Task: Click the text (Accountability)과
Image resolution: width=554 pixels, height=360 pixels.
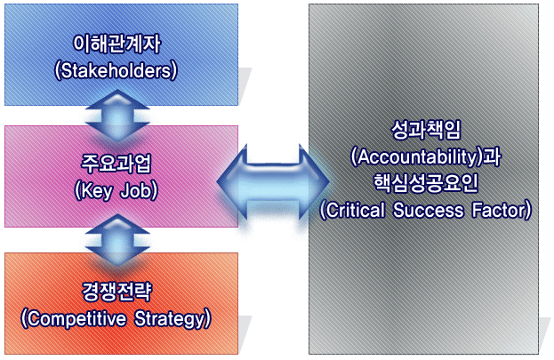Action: tap(425, 157)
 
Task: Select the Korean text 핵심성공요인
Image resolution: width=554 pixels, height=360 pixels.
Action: tap(425, 184)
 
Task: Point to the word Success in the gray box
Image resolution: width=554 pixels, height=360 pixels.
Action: tap(432, 211)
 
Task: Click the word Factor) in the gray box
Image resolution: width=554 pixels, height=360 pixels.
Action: tap(502, 211)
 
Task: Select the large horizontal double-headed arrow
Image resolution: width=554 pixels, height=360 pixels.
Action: tap(273, 178)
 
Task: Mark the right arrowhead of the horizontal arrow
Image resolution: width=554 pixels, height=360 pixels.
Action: tap(312, 178)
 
